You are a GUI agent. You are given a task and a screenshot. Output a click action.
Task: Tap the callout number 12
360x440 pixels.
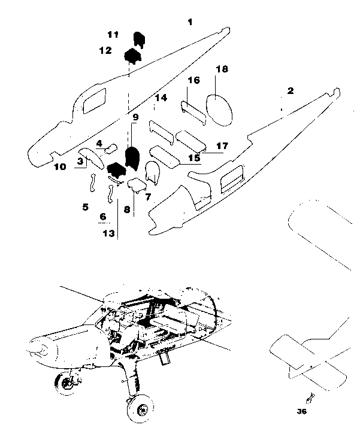tap(105, 51)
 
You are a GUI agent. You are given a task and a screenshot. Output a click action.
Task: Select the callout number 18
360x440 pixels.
tap(222, 69)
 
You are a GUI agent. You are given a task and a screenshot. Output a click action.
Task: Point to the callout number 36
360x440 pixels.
tap(301, 411)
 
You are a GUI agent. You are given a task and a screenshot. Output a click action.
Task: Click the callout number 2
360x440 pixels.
tap(291, 91)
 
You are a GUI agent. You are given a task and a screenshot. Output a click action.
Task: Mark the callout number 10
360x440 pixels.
tap(60, 167)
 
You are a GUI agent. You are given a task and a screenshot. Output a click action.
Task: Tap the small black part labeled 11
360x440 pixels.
tap(138, 38)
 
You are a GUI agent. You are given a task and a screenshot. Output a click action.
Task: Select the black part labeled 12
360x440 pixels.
tap(132, 56)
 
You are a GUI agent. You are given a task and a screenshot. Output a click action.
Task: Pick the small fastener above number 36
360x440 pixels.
tap(310, 397)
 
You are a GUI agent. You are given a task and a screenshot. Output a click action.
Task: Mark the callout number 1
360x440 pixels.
tap(190, 22)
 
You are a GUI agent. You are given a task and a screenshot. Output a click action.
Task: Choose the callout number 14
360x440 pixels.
tap(160, 98)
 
